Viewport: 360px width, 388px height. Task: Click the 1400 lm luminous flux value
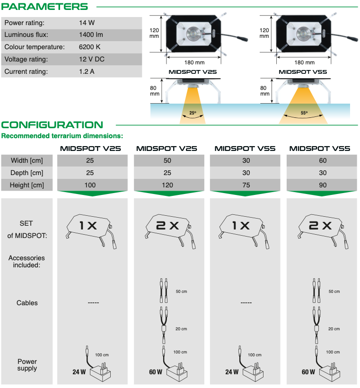click(x=91, y=35)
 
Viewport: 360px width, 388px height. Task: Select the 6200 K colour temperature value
click(x=89, y=47)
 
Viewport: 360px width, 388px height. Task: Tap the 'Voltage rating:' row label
click(x=26, y=60)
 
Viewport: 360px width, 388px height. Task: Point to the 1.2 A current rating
click(x=87, y=71)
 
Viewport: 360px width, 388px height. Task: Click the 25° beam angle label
click(x=193, y=113)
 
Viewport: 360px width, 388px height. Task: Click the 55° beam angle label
click(x=304, y=113)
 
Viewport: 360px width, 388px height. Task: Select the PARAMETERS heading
click(x=44, y=7)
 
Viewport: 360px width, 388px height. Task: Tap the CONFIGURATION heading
click(x=52, y=125)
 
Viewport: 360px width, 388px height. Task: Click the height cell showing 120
click(x=167, y=185)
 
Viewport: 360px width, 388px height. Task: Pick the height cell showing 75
click(x=246, y=185)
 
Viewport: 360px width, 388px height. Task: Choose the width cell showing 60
click(x=323, y=160)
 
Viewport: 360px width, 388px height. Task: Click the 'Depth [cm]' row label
click(x=26, y=173)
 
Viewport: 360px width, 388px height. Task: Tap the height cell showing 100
click(x=90, y=185)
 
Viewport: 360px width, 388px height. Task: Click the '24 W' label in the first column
click(x=79, y=372)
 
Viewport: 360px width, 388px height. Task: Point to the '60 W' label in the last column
click(x=308, y=372)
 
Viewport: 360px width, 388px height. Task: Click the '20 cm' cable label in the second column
click(x=181, y=329)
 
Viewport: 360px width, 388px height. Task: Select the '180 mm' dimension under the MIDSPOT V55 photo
click(x=304, y=62)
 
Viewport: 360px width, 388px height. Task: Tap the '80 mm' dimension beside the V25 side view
click(x=154, y=91)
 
